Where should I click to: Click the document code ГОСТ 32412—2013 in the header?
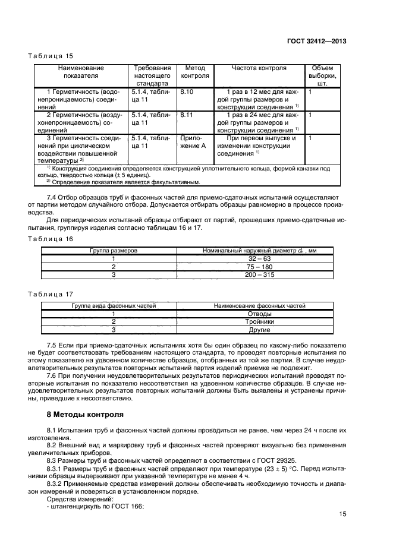[x=317, y=42]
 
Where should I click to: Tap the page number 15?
[x=342, y=514]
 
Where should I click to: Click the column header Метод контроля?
[x=194, y=72]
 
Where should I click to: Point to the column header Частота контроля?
[x=259, y=68]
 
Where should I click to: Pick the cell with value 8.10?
[x=187, y=92]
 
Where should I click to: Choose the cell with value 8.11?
[x=187, y=115]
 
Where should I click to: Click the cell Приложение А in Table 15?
[x=193, y=141]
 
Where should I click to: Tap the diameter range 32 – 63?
[x=259, y=259]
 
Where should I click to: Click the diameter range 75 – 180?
[x=259, y=267]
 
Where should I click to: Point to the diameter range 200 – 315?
[x=259, y=275]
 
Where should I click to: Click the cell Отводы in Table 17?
[x=259, y=314]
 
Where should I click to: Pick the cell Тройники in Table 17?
[x=259, y=321]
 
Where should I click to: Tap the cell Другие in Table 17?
[x=259, y=330]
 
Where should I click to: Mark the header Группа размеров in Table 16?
[x=113, y=251]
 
